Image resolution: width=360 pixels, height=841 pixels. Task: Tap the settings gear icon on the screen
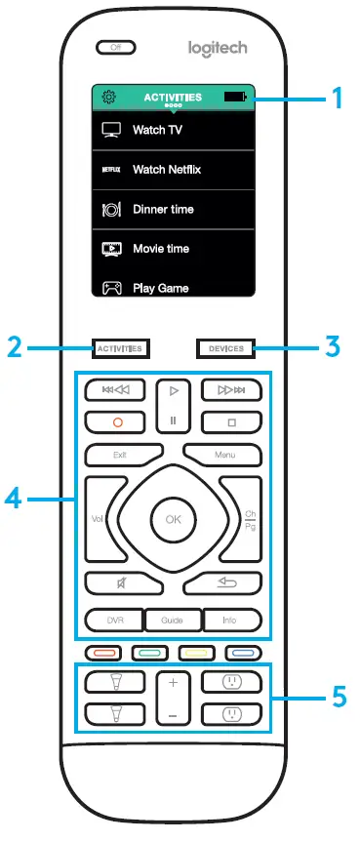click(108, 98)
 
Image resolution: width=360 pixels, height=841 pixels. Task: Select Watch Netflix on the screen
click(167, 170)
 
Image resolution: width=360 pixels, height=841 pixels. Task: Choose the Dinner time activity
click(163, 210)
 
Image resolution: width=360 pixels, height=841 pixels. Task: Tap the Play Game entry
click(160, 288)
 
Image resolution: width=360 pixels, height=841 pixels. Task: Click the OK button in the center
click(174, 520)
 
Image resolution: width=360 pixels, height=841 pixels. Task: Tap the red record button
click(115, 422)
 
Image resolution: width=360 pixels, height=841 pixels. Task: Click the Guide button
click(174, 619)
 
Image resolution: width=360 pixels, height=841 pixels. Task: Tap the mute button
click(115, 583)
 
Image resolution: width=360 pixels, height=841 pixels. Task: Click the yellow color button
click(192, 654)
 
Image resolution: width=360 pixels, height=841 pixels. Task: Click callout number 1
click(337, 98)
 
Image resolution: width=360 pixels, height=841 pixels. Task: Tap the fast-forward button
click(231, 391)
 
